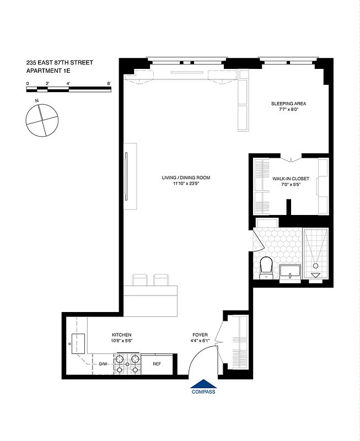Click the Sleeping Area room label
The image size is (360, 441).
click(288, 104)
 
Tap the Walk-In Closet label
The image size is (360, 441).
click(291, 179)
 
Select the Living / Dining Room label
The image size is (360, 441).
click(186, 178)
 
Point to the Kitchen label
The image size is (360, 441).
click(122, 335)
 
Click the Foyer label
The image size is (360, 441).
click(200, 335)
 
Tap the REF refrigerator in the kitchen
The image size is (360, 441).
click(157, 364)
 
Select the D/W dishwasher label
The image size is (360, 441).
click(103, 364)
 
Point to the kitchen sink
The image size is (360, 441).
click(76, 345)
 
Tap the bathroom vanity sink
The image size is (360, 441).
click(290, 272)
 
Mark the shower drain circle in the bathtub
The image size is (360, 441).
click(315, 265)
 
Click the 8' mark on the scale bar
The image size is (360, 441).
click(109, 83)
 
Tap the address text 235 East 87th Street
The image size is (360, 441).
click(60, 63)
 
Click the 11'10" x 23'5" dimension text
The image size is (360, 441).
click(186, 184)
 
